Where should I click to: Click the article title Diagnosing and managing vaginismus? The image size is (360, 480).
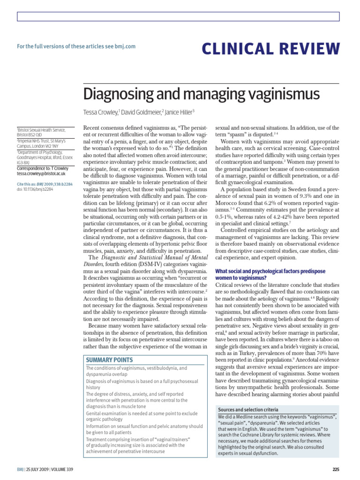point(202,94)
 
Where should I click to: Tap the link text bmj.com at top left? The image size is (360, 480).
point(125,46)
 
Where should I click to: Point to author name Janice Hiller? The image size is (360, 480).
point(179,113)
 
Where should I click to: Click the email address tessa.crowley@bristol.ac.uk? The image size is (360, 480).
point(41,173)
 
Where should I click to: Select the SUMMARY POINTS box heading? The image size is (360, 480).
point(109,360)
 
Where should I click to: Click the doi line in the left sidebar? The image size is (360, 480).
point(35,189)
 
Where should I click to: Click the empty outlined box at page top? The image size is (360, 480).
point(178,17)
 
